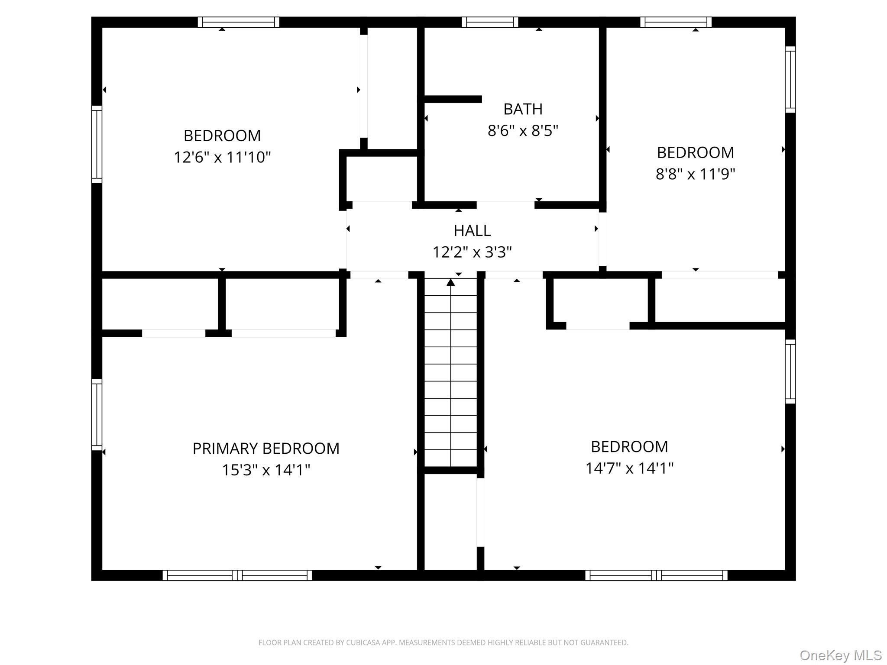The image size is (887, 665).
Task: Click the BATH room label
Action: pos(523,109)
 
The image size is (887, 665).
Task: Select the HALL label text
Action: pos(472,231)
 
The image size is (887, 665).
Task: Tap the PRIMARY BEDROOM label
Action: pos(266,449)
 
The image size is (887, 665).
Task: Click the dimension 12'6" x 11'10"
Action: pos(222,157)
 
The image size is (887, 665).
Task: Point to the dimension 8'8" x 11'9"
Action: pos(695,174)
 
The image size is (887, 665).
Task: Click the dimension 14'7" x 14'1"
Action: pos(629,468)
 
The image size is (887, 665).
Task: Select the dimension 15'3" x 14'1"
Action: pos(266,470)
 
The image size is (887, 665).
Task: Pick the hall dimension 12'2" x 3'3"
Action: pos(472,252)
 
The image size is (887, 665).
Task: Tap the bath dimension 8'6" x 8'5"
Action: pos(523,130)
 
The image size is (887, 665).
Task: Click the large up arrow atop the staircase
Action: pos(451,283)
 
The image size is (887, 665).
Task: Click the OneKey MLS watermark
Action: pos(840,655)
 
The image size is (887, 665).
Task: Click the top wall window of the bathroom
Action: pos(490,22)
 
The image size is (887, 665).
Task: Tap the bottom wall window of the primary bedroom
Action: pos(237,575)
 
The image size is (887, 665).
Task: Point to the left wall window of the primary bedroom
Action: pos(97,415)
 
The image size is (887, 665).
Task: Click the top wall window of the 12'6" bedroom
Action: pos(239,22)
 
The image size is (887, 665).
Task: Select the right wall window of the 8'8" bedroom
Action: pos(790,80)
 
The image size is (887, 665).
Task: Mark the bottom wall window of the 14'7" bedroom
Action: pos(656,575)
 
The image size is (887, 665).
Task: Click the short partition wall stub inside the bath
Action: pos(453,99)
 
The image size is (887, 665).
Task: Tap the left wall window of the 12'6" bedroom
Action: pos(97,144)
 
